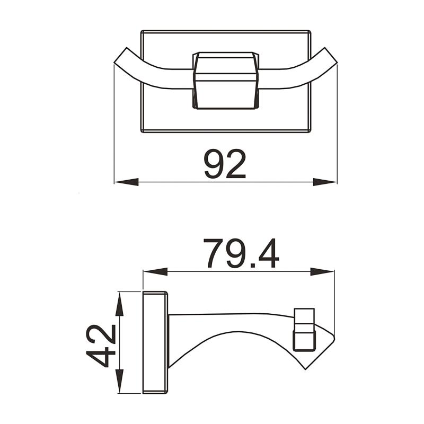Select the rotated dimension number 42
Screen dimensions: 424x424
(x=102, y=346)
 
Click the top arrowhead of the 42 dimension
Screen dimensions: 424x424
(x=120, y=303)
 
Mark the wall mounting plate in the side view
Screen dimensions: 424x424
(x=155, y=342)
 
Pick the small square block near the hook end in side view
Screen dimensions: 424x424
(x=304, y=329)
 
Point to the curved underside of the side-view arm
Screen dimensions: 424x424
(x=238, y=336)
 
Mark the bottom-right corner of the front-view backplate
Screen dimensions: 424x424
(x=310, y=131)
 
